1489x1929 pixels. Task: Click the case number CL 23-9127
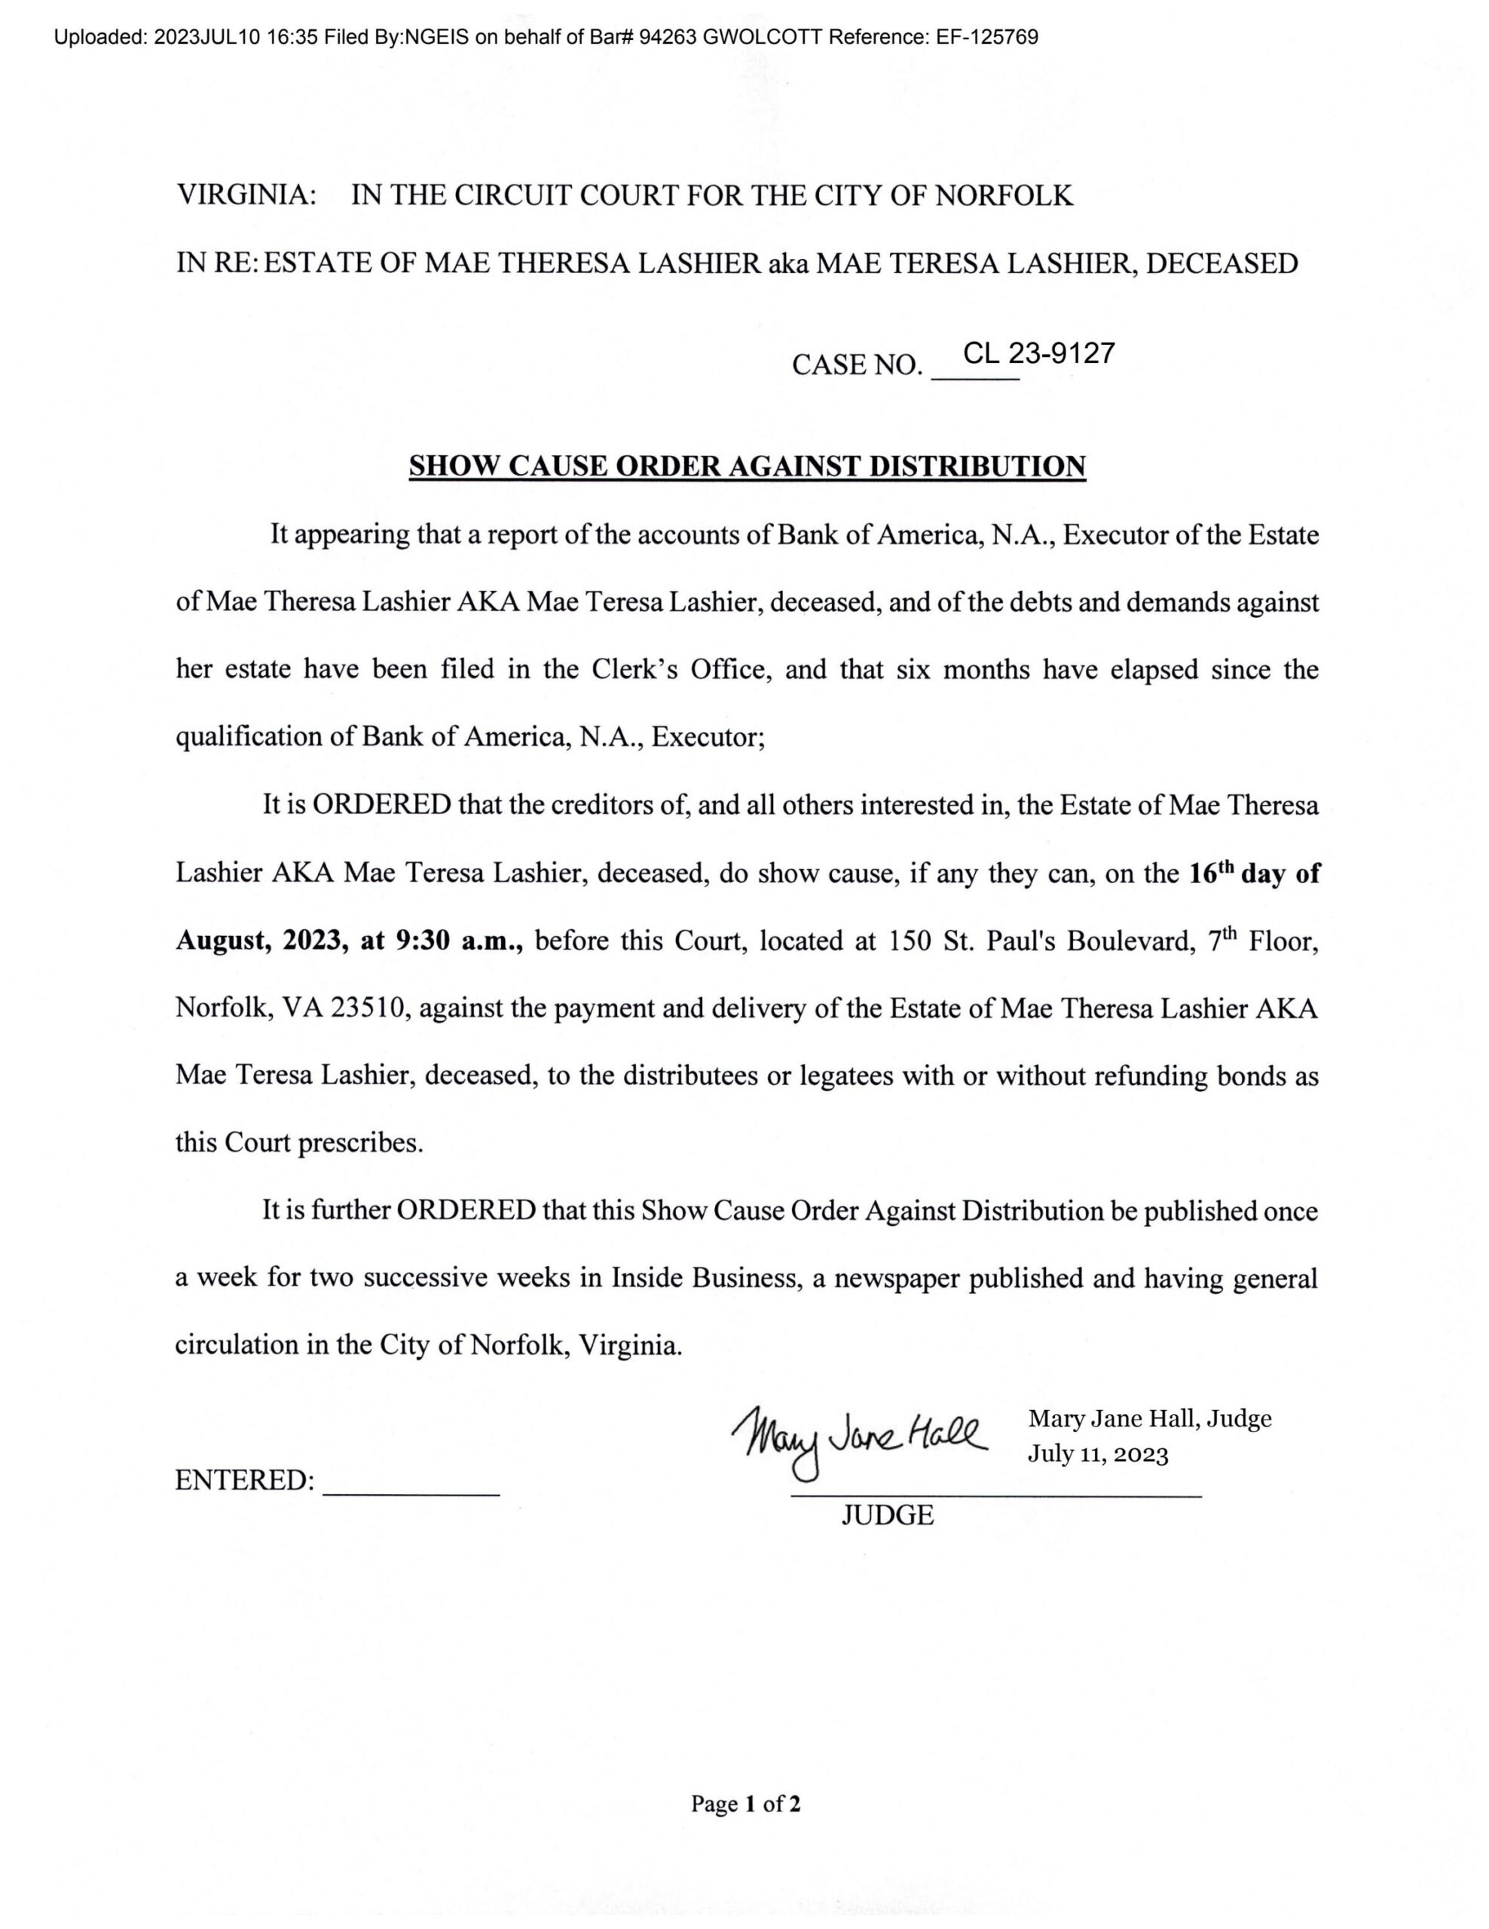pos(1038,353)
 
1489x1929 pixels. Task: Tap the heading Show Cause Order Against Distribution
pos(746,466)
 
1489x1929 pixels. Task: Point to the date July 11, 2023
pos(1098,1455)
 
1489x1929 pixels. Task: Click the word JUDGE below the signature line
pos(887,1515)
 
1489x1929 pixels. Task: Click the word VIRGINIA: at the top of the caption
pos(247,195)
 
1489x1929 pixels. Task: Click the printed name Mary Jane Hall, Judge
pos(1149,1418)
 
